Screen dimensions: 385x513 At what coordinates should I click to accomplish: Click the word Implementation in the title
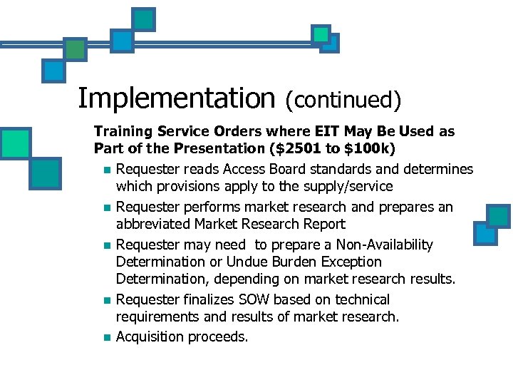(x=176, y=98)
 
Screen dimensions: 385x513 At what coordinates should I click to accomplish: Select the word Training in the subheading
(x=121, y=132)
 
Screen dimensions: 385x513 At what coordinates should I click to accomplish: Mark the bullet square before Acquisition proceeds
(x=105, y=337)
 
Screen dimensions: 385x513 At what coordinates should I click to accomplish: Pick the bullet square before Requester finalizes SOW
(x=105, y=300)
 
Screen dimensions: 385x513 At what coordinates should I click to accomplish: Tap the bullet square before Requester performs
(x=105, y=207)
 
